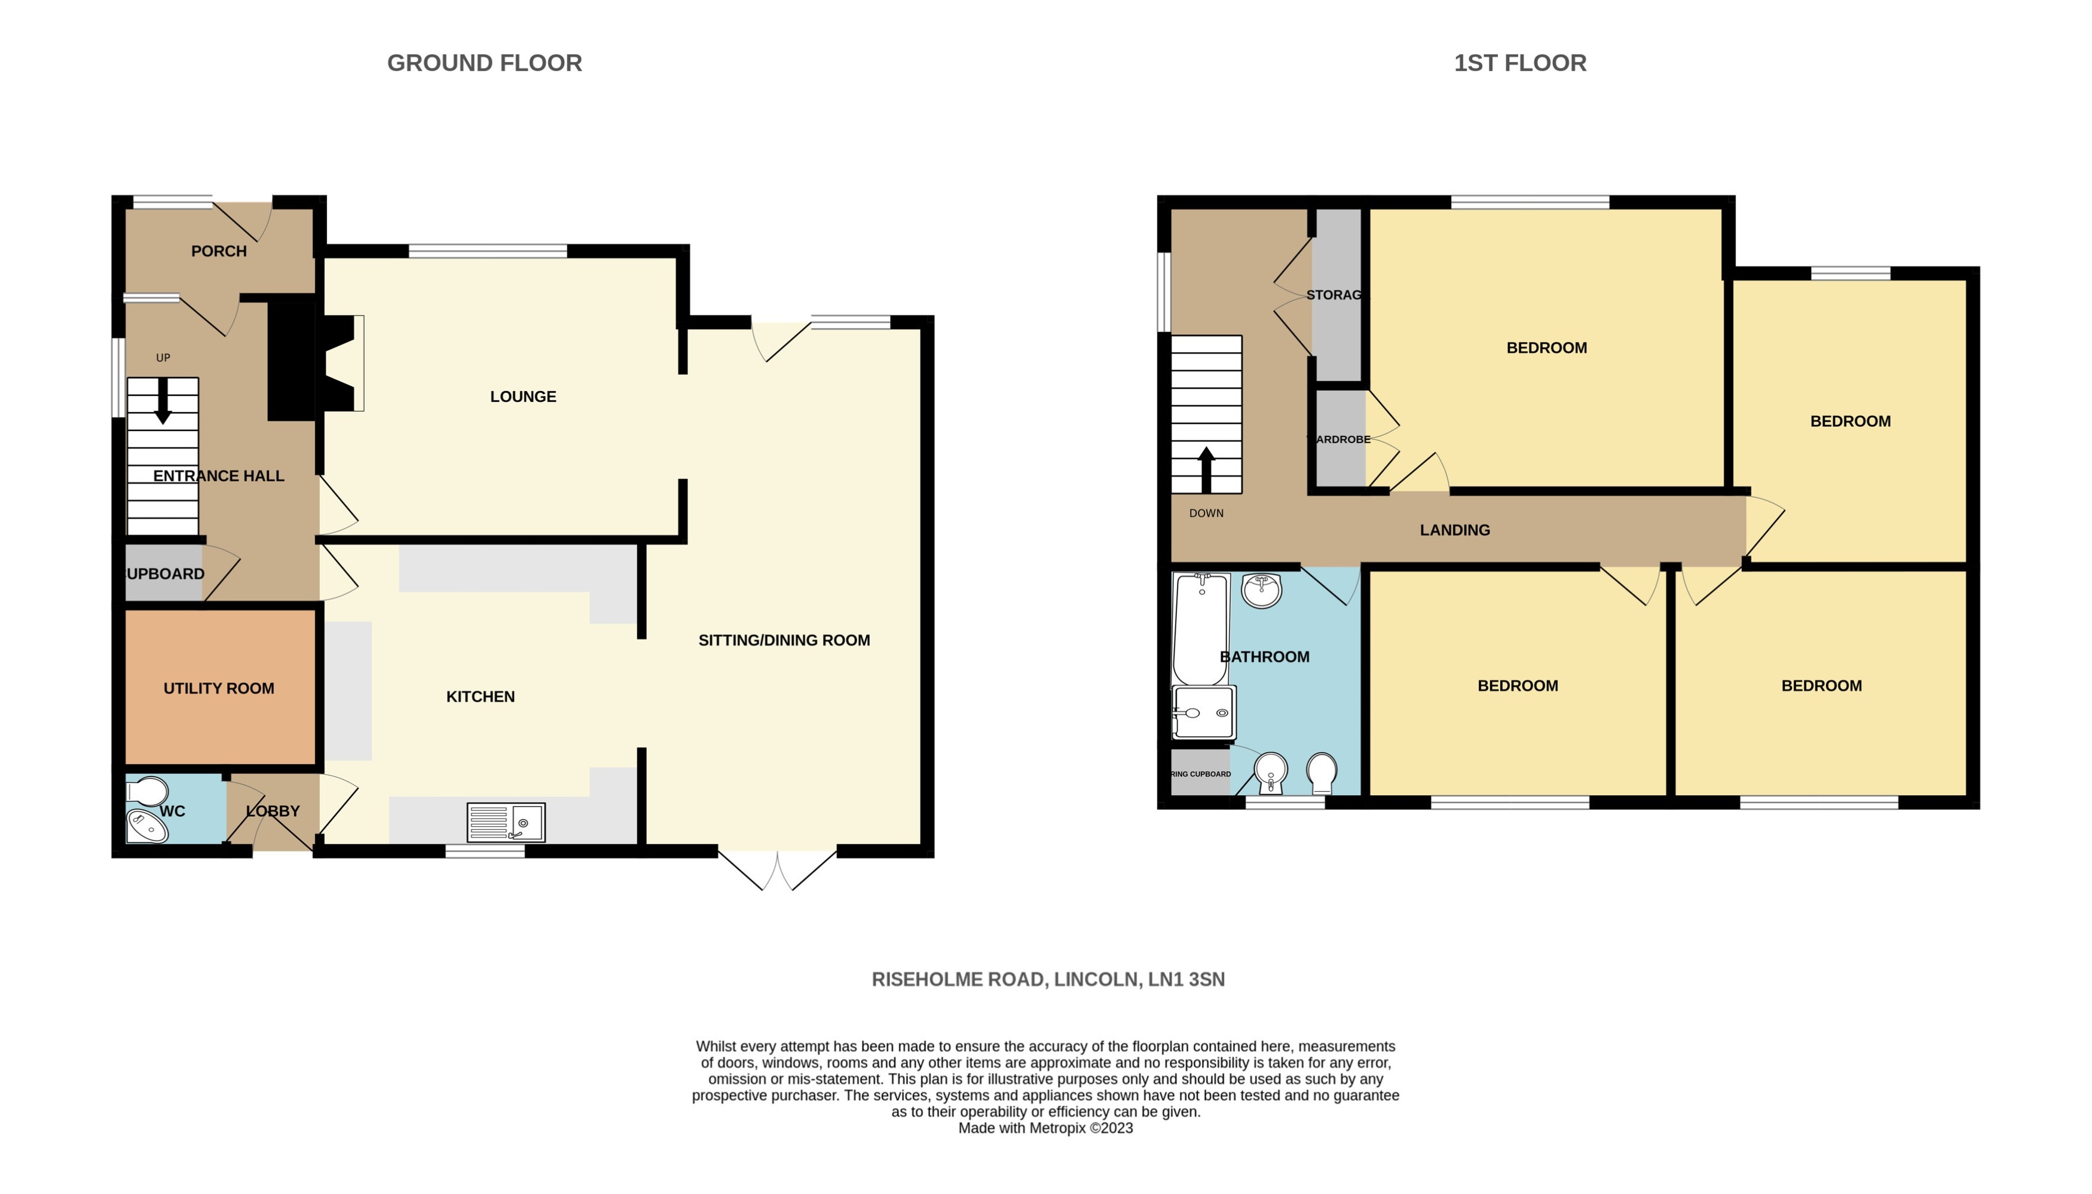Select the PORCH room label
[218, 251]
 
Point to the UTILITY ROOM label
[218, 688]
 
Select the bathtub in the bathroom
[1200, 628]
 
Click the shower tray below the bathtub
[1203, 713]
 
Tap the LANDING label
[1454, 530]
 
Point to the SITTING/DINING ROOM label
[784, 640]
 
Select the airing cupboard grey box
[1199, 772]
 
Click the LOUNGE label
[523, 396]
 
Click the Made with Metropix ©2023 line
[1045, 1128]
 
